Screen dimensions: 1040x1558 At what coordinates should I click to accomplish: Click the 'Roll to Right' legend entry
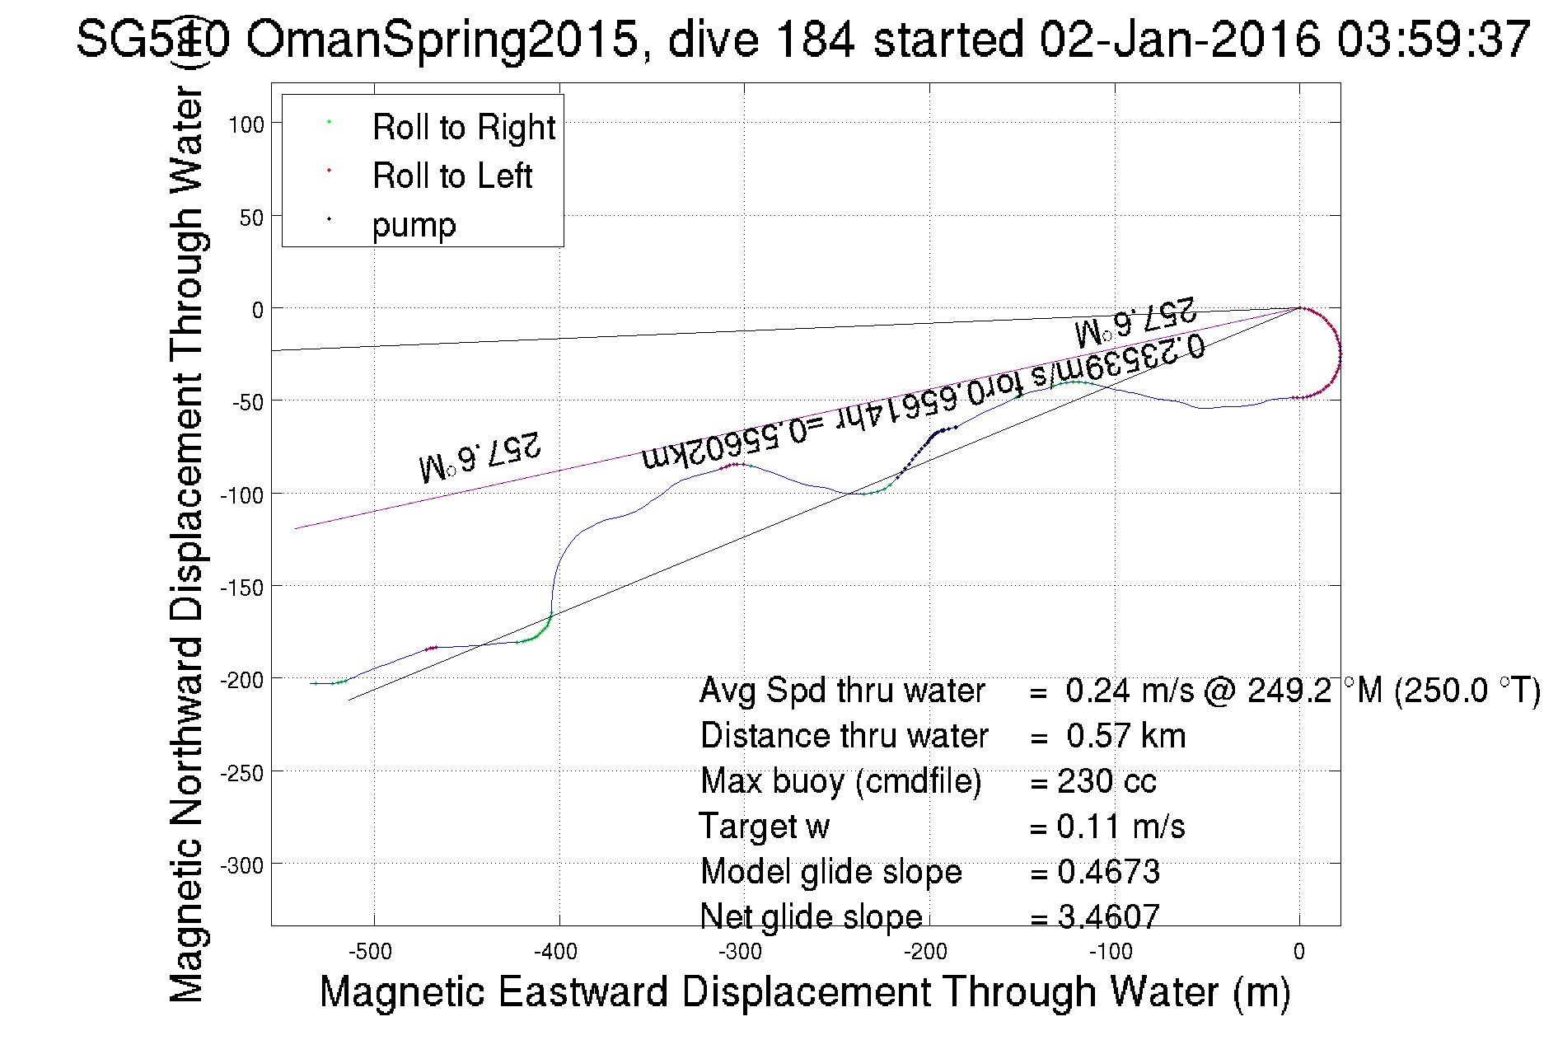click(463, 128)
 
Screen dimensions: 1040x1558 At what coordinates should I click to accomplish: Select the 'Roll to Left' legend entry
click(451, 176)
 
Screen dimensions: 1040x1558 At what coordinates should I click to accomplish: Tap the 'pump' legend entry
click(414, 225)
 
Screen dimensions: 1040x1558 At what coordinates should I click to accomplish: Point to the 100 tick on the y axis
click(246, 125)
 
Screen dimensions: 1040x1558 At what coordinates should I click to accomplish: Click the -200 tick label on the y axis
click(241, 681)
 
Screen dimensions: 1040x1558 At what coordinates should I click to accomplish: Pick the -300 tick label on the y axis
click(241, 866)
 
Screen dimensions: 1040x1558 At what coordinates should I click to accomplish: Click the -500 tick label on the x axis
click(371, 953)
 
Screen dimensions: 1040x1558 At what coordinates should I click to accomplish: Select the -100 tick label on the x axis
click(1111, 953)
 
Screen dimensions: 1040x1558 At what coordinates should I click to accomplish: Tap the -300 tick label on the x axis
click(741, 953)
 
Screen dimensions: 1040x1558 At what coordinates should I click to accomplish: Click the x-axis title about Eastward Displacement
click(804, 991)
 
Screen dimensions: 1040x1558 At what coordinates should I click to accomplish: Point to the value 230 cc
click(1107, 781)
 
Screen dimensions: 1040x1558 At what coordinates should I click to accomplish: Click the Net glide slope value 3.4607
click(1108, 916)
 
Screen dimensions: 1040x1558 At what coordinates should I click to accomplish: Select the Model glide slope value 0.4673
click(1108, 872)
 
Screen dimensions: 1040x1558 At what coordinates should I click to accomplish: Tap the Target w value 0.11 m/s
click(1121, 827)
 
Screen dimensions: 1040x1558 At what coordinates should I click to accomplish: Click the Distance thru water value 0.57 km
click(1125, 736)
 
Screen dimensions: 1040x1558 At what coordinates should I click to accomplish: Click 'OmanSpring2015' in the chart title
click(442, 39)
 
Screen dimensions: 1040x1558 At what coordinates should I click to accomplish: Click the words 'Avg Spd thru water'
click(842, 691)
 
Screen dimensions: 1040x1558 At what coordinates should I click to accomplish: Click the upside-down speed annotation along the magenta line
click(923, 404)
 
